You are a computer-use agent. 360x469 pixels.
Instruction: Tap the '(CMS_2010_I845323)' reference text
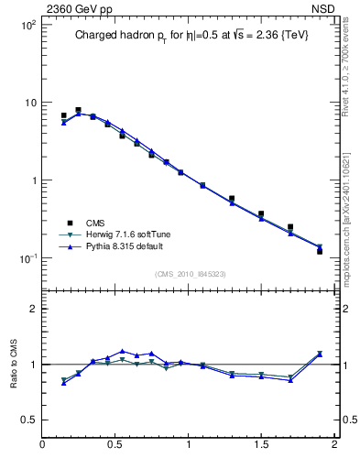(x=188, y=273)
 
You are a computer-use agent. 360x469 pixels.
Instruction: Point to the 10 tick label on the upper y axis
(x=29, y=103)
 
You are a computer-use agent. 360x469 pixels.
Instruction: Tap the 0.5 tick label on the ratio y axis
(x=27, y=420)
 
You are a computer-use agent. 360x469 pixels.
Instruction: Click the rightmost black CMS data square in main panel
(x=320, y=250)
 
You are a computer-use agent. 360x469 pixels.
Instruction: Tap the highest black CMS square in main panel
(x=78, y=110)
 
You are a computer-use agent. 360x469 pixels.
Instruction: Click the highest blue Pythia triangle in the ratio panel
(x=122, y=350)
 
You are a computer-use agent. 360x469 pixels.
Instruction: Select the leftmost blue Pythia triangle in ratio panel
(x=63, y=383)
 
